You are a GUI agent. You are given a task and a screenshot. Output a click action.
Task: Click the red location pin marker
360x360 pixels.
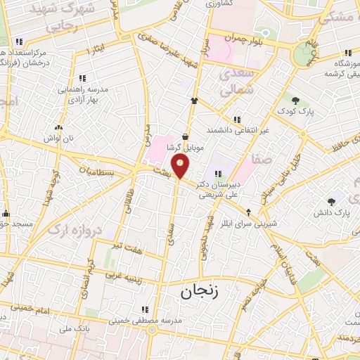pyautogui.click(x=181, y=166)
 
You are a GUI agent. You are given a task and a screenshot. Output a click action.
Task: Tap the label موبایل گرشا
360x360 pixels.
pyautogui.click(x=185, y=148)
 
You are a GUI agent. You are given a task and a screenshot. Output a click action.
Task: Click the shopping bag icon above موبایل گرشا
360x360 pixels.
pyautogui.click(x=185, y=137)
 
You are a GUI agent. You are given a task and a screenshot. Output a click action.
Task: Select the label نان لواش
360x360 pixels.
pyautogui.click(x=59, y=139)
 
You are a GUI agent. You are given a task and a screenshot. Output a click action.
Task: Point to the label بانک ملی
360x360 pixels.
pyautogui.click(x=77, y=328)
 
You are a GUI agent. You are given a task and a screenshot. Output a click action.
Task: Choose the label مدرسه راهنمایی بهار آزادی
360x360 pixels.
pyautogui.click(x=82, y=94)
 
